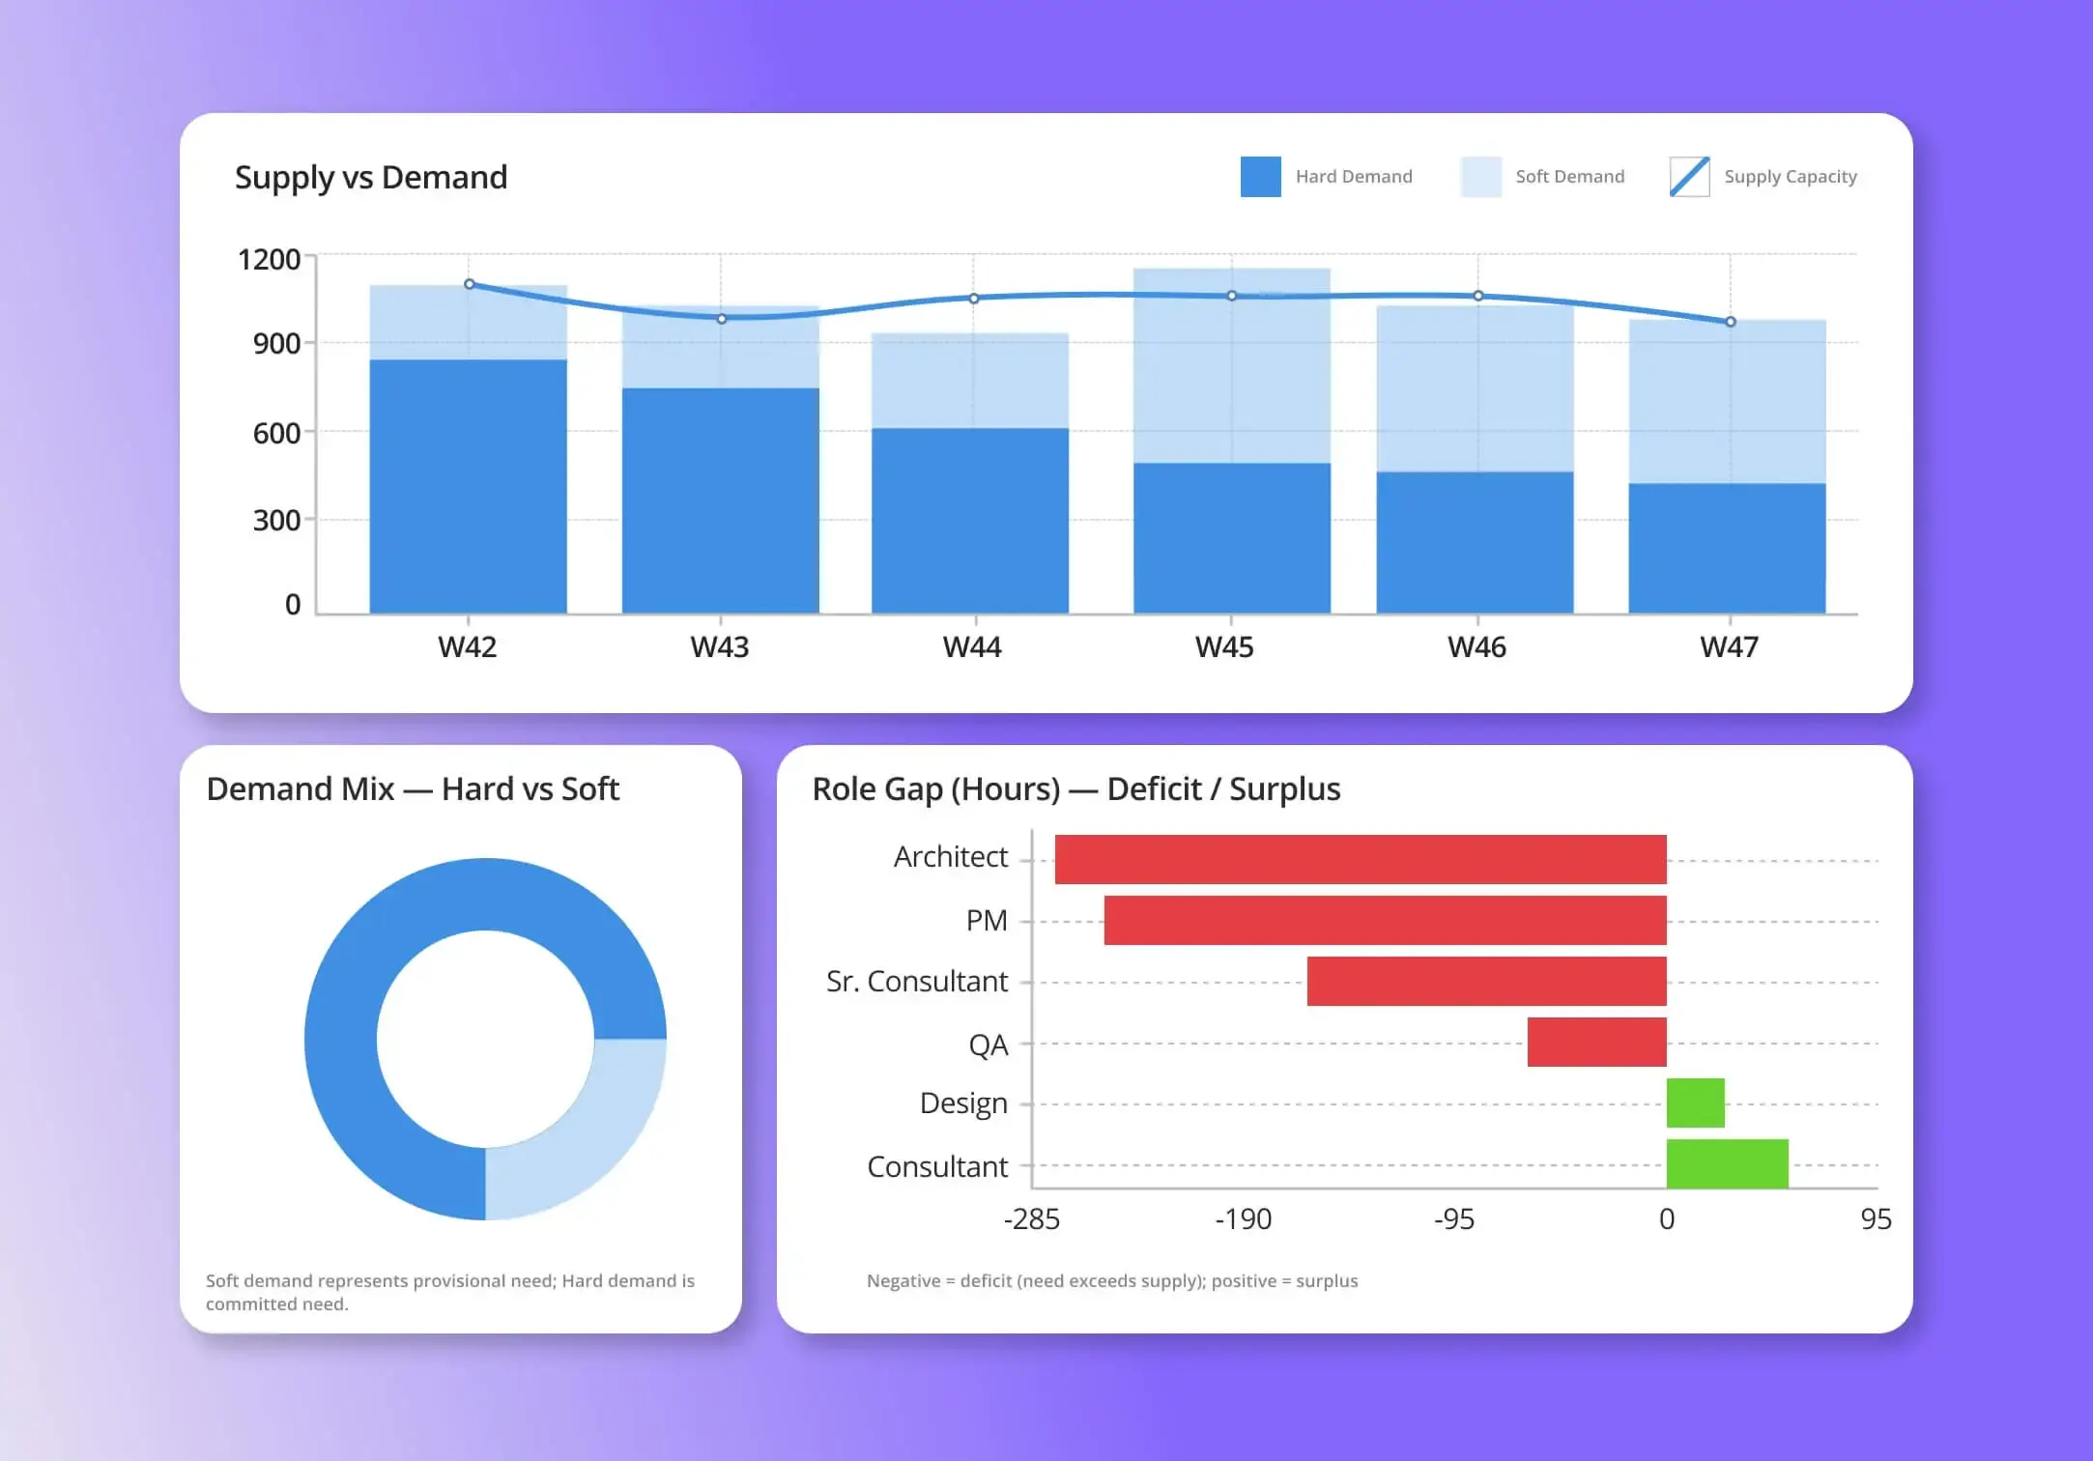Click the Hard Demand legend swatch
click(1260, 177)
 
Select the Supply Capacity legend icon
click(1689, 177)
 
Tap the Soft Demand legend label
click(1569, 177)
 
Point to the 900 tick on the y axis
click(276, 344)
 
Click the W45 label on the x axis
click(1224, 646)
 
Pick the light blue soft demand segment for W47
click(1727, 401)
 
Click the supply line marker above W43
click(722, 319)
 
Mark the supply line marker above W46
click(1478, 296)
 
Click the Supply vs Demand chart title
click(371, 178)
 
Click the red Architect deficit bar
click(1360, 859)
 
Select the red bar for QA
click(1596, 1042)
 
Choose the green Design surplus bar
click(1695, 1103)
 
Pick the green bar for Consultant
click(1727, 1163)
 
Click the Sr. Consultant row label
click(916, 982)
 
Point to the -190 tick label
click(1243, 1219)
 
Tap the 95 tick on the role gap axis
click(1875, 1219)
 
